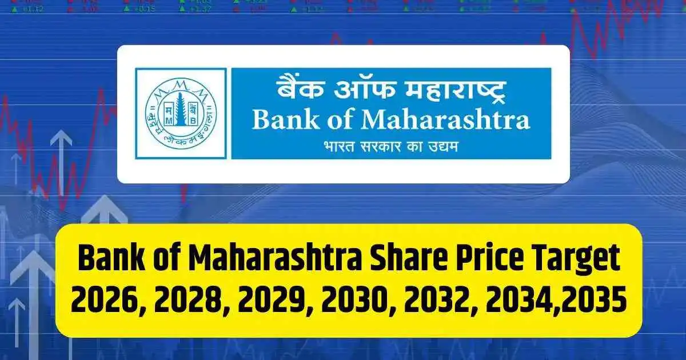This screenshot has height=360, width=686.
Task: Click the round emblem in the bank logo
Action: [x=180, y=113]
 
